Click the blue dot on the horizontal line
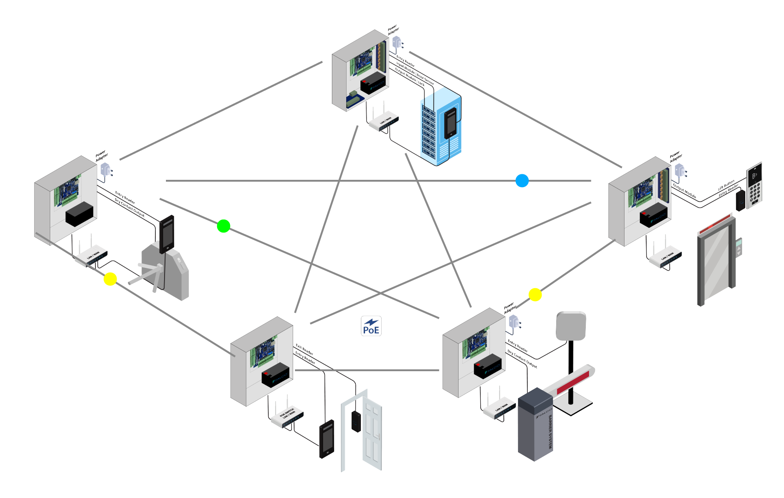coord(522,181)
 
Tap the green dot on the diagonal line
coord(224,226)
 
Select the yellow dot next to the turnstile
coord(110,279)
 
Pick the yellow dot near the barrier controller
coord(535,295)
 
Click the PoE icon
coord(371,326)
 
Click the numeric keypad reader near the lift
coord(755,185)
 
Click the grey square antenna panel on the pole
coord(571,326)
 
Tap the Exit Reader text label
coord(304,350)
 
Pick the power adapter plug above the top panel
coord(397,43)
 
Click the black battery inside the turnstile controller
coord(79,214)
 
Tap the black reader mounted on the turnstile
coord(166,234)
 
